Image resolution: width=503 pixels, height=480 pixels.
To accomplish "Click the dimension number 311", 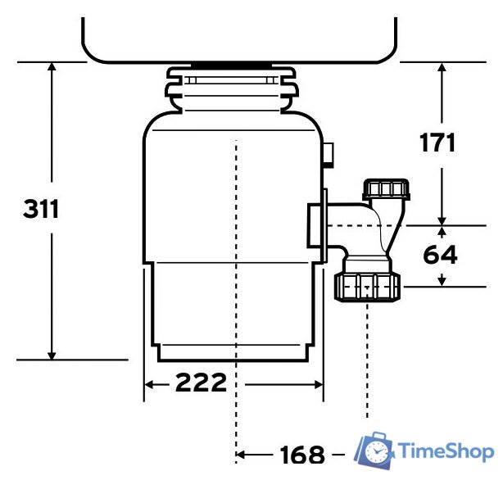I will [x=41, y=209].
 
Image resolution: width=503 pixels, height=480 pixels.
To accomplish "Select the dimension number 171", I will [x=437, y=142].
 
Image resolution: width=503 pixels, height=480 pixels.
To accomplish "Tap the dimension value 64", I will [x=440, y=255].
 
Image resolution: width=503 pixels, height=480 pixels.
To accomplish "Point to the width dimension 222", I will [x=200, y=383].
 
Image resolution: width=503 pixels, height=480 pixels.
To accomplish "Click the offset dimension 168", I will [x=301, y=454].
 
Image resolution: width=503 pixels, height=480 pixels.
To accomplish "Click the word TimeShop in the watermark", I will [x=445, y=451].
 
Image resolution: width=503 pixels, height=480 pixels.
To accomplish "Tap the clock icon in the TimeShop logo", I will [x=377, y=451].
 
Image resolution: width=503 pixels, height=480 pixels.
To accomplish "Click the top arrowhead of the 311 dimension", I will [x=52, y=69].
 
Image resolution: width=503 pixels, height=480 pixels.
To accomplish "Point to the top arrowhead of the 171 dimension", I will [x=442, y=69].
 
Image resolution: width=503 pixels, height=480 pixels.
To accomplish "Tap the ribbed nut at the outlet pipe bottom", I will [x=367, y=287].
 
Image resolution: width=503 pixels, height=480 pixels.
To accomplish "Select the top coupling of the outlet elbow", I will [x=385, y=191].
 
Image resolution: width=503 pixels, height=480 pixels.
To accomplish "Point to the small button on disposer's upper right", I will [x=329, y=152].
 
